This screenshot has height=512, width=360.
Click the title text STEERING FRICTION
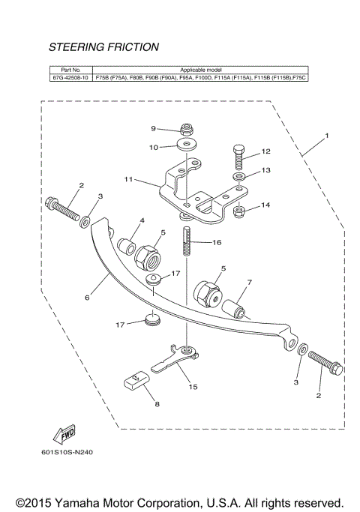(x=103, y=47)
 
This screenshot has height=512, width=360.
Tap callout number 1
(x=326, y=136)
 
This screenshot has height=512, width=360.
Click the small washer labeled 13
(x=238, y=176)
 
